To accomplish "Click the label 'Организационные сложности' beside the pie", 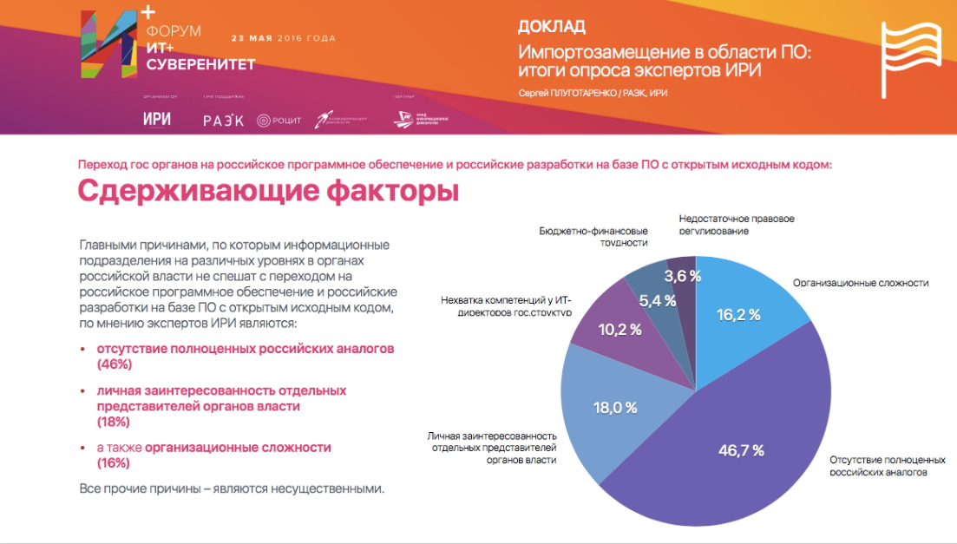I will click(861, 283).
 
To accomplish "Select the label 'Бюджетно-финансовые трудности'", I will click(593, 237).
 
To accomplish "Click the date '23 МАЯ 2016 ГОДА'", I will click(283, 38).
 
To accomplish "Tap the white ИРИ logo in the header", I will click(156, 120).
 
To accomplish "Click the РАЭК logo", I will click(223, 121).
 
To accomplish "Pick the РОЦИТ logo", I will click(279, 121).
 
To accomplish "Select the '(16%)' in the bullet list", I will click(113, 463).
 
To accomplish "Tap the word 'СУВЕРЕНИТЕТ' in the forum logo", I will click(200, 64).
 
